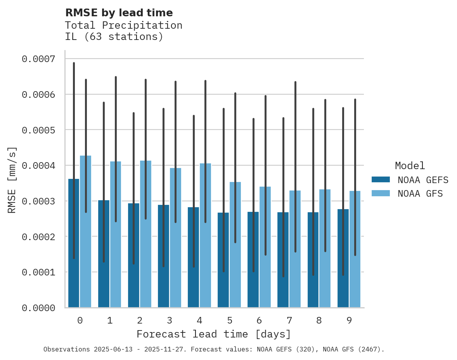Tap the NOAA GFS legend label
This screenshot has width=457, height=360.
(x=420, y=194)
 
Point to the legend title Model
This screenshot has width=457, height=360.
(x=410, y=166)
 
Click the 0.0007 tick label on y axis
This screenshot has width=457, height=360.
(x=38, y=59)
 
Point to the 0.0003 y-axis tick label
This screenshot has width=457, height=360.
(x=38, y=201)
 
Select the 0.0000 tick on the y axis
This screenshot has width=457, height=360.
(x=38, y=308)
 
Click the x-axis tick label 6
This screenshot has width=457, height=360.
(x=259, y=320)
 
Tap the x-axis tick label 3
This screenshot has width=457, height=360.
(x=170, y=320)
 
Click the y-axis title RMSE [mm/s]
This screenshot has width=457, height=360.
(x=12, y=180)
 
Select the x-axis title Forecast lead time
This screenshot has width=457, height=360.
(x=213, y=334)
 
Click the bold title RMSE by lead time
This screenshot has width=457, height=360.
(x=119, y=13)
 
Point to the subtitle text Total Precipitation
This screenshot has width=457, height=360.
(x=123, y=25)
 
